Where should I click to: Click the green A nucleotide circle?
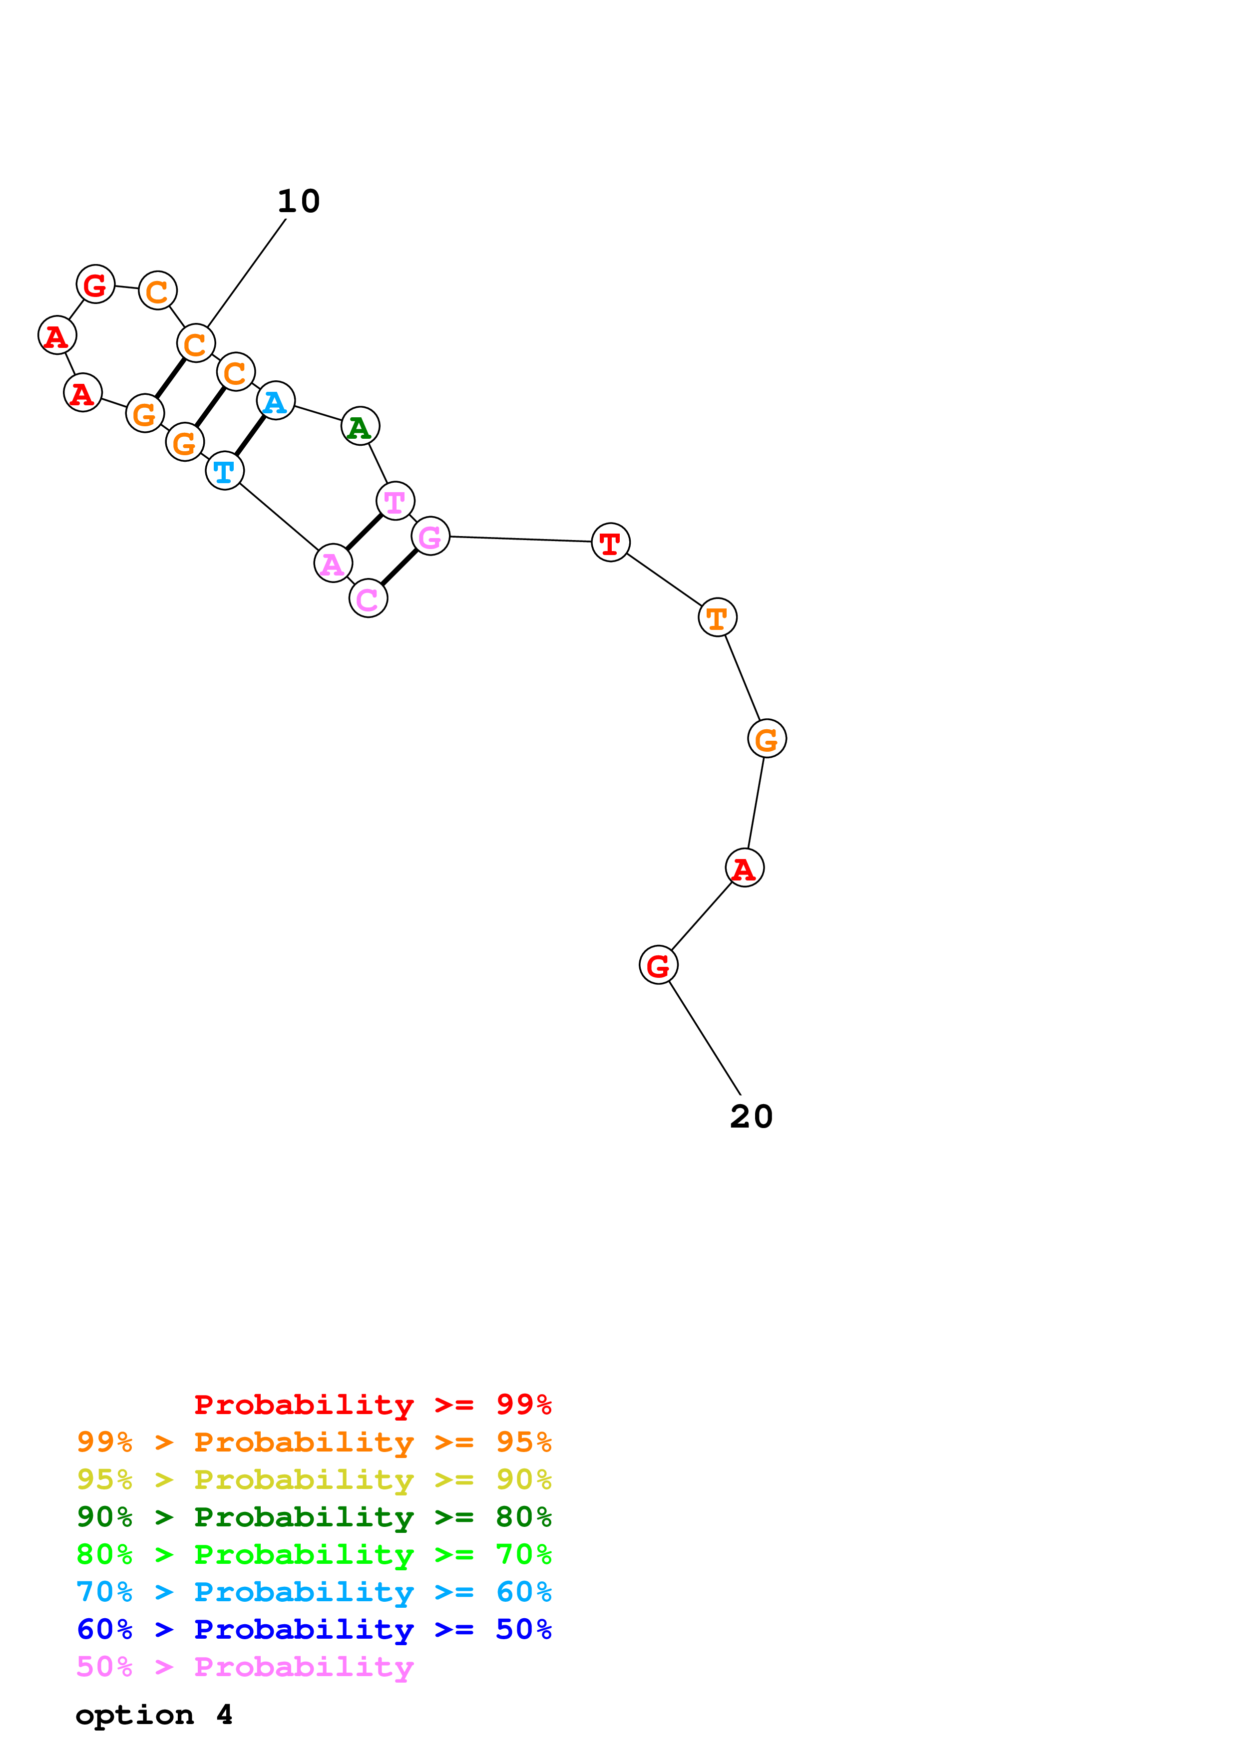[360, 426]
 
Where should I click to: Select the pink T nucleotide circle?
[395, 501]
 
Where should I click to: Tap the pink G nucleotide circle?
[430, 536]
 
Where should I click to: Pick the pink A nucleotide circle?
[333, 564]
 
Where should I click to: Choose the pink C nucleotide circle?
[369, 598]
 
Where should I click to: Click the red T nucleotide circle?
[610, 542]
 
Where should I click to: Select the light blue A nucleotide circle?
[275, 401]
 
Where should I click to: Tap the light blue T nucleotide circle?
[224, 471]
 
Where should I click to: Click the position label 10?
[298, 201]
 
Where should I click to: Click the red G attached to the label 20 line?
[658, 965]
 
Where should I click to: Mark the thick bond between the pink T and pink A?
[365, 532]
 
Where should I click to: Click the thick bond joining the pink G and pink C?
[400, 568]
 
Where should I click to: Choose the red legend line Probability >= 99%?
[372, 1405]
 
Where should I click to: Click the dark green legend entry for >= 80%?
[314, 1517]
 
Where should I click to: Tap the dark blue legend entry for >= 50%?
[314, 1630]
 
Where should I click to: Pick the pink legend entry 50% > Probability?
[245, 1667]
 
